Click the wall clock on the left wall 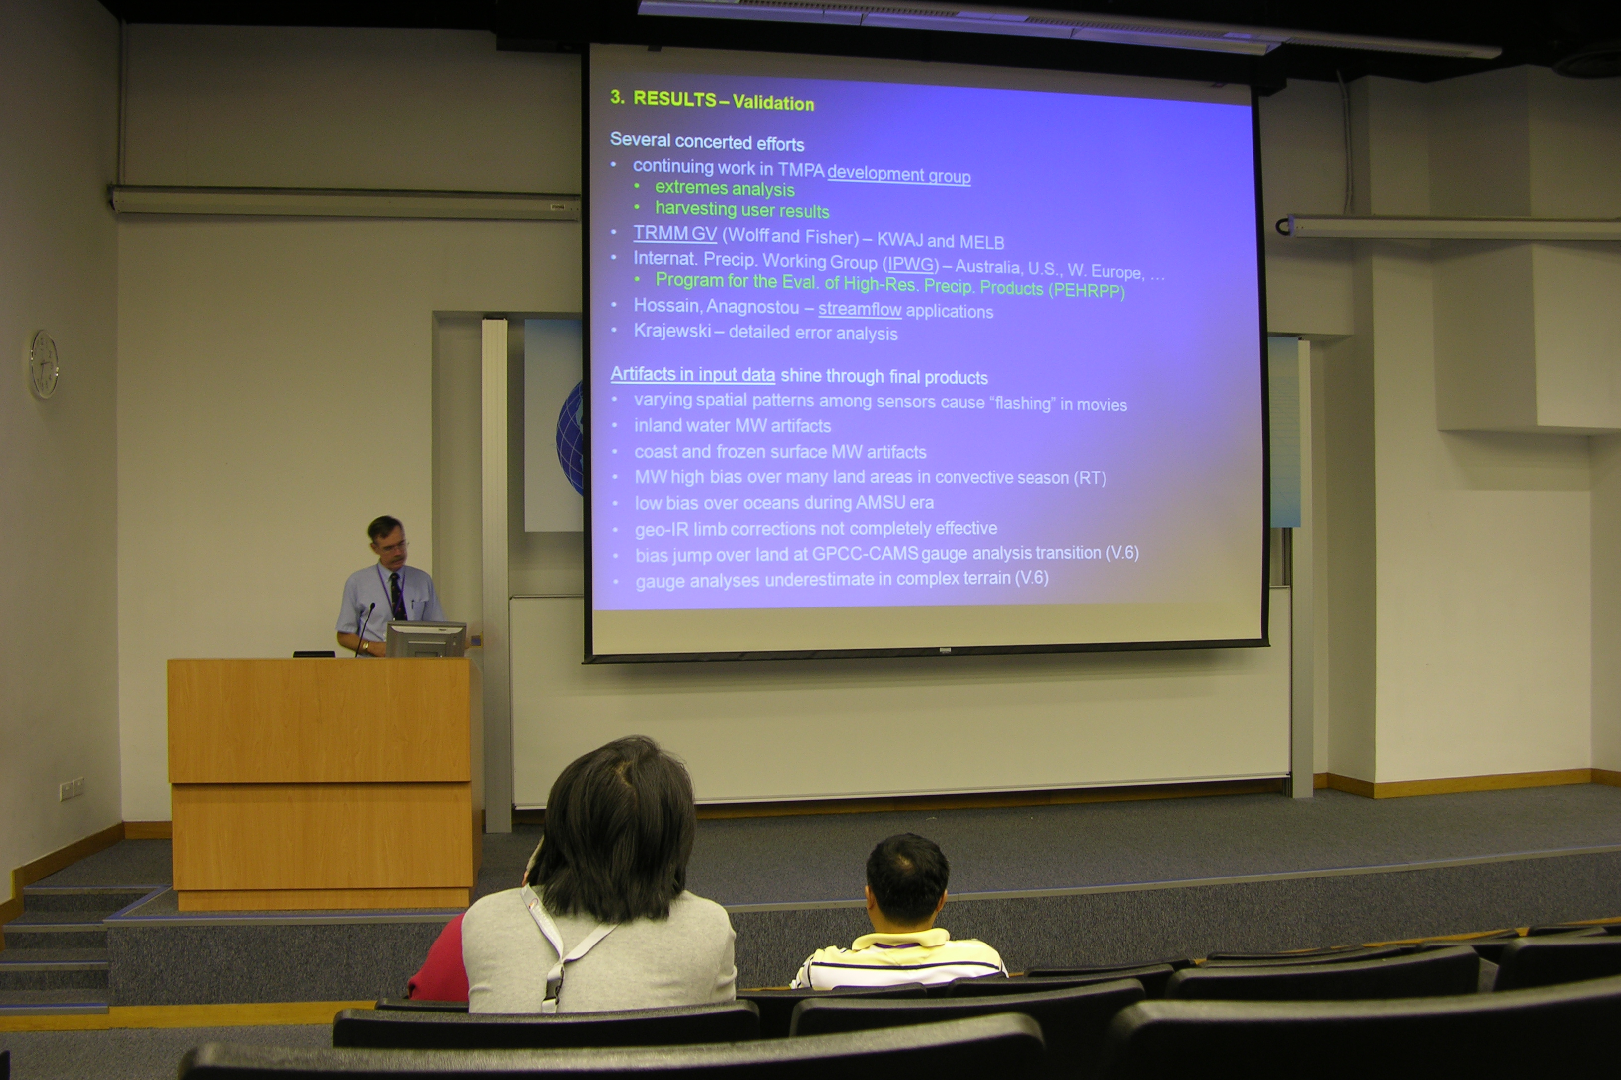tap(44, 364)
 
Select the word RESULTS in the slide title tap(675, 99)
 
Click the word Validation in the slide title tap(773, 103)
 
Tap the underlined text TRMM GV tap(675, 233)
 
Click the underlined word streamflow tap(860, 309)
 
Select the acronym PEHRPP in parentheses tap(1086, 290)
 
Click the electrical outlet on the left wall tap(71, 787)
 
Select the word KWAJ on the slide tap(899, 240)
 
